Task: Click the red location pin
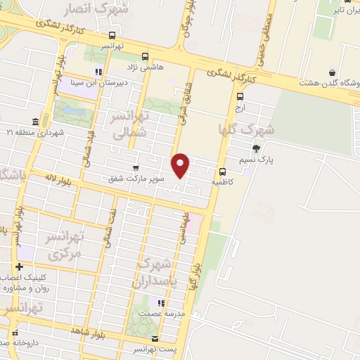tap(181, 165)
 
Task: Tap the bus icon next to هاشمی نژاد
tap(146, 56)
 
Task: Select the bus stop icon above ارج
tap(240, 97)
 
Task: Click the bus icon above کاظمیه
tap(222, 171)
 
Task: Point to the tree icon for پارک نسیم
tap(255, 148)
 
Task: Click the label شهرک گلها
tap(247, 131)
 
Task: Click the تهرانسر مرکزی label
tap(63, 245)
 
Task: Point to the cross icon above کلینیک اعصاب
tap(19, 266)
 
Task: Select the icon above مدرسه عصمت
tap(161, 303)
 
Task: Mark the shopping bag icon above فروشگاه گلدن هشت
tap(331, 72)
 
